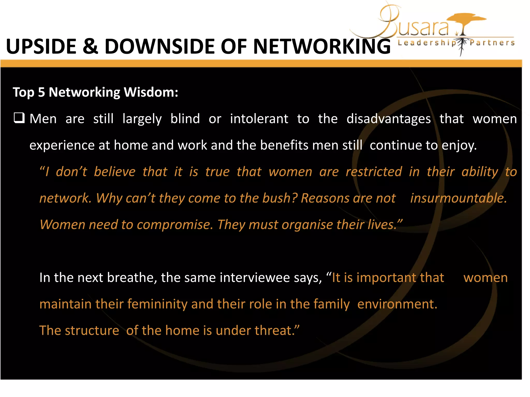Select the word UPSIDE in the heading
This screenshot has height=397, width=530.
(x=41, y=47)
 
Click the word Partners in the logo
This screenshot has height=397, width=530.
(x=492, y=43)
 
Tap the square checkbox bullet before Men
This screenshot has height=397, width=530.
(x=19, y=118)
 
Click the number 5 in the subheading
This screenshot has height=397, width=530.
(x=41, y=92)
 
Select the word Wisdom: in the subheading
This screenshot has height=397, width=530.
(x=151, y=92)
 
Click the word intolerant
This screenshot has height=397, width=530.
(x=259, y=119)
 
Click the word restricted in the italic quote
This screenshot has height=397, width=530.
(x=374, y=172)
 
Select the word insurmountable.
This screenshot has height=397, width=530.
(x=458, y=198)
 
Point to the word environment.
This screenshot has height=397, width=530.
(x=397, y=304)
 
